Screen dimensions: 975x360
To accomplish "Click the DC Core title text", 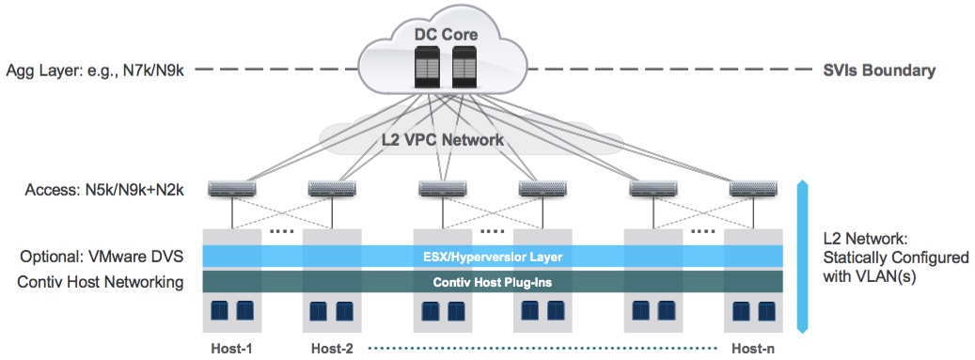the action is (x=447, y=34).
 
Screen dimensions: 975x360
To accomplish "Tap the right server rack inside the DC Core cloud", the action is (x=463, y=67).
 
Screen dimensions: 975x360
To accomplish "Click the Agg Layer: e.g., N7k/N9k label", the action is (x=95, y=70).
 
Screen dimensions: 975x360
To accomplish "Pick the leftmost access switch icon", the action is (x=232, y=188).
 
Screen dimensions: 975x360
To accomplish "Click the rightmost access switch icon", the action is (x=754, y=188).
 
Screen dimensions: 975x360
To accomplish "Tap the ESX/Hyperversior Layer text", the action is (x=493, y=257).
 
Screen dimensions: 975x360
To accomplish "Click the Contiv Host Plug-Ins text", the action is (x=493, y=282).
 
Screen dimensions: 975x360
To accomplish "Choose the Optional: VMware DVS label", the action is (x=102, y=257).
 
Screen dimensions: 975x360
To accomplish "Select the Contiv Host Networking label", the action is (x=101, y=282).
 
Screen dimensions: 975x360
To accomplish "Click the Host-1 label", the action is (x=232, y=348).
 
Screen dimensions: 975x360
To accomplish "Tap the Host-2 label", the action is (x=332, y=348).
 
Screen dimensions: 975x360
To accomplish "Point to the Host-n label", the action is (x=753, y=348).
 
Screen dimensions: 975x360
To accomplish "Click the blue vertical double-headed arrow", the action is (x=802, y=256).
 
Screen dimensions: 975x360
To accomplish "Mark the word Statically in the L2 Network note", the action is (x=850, y=257).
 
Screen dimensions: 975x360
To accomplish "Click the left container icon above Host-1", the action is (x=219, y=310).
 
